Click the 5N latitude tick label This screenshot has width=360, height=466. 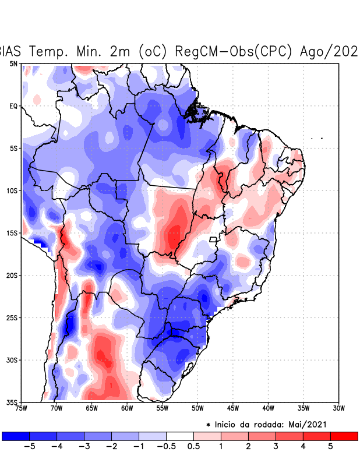click(x=13, y=63)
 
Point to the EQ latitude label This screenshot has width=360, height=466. click(x=13, y=106)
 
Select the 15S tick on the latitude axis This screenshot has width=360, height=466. click(x=12, y=233)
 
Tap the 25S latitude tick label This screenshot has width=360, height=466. click(x=12, y=318)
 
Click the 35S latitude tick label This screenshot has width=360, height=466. click(x=12, y=403)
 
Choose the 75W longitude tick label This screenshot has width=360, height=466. click(x=22, y=408)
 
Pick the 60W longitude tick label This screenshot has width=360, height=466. click(x=127, y=408)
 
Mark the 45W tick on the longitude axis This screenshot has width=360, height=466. click(x=233, y=408)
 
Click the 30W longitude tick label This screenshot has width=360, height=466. click(x=338, y=408)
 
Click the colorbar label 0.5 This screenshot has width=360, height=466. click(x=193, y=447)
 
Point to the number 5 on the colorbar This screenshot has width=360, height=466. click(x=330, y=447)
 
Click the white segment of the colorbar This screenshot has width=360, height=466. click(x=179, y=436)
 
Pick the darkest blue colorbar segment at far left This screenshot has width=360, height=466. click(x=16, y=436)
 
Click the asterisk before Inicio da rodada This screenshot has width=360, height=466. click(x=209, y=425)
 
